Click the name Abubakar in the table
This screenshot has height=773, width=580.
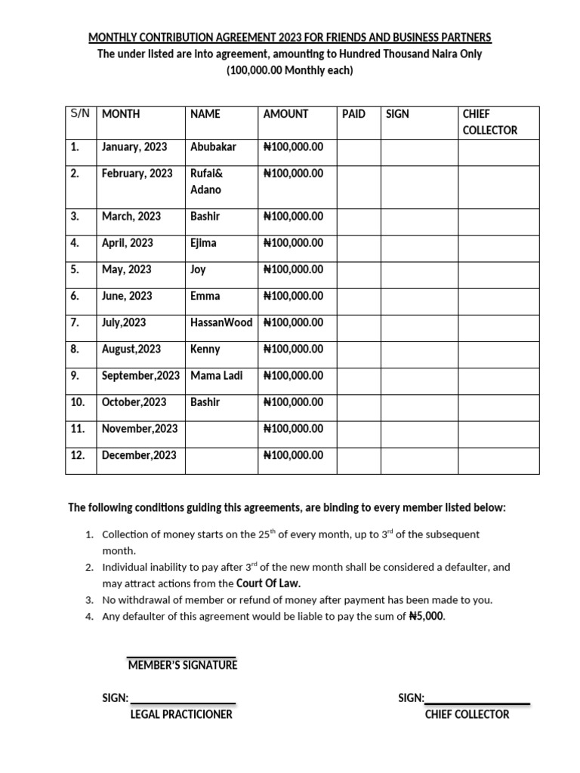(x=213, y=146)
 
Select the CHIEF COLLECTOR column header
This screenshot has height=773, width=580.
(x=489, y=122)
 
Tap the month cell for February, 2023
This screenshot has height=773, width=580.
(x=137, y=173)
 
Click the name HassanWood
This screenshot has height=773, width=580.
(x=221, y=322)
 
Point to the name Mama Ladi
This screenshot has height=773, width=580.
(x=216, y=375)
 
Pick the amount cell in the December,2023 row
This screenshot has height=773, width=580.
(x=293, y=455)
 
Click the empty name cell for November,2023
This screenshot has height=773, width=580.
(x=221, y=429)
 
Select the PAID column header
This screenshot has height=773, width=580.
(x=353, y=114)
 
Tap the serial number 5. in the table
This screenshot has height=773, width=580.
(x=75, y=269)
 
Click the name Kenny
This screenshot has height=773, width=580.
(x=205, y=349)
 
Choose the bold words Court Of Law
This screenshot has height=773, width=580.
(x=268, y=584)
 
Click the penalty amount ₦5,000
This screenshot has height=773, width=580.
(x=427, y=616)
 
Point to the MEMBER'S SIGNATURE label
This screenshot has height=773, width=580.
(x=182, y=665)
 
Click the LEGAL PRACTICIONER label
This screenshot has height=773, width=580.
(x=181, y=714)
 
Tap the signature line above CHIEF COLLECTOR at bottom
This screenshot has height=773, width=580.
(x=477, y=701)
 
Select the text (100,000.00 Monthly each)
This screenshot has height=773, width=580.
(x=290, y=71)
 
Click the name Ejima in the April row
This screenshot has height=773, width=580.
(x=204, y=243)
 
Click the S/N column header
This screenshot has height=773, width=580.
(x=80, y=114)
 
